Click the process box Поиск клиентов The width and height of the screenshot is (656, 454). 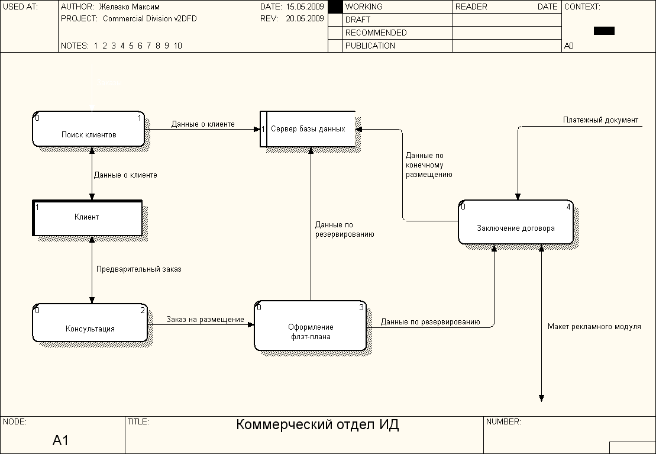(x=89, y=129)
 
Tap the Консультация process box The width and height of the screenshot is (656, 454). (x=90, y=323)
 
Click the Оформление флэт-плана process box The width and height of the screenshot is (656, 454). (x=311, y=326)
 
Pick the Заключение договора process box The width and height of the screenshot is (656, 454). (x=516, y=222)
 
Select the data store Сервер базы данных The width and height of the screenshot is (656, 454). (x=308, y=129)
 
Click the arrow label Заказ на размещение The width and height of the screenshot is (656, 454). (x=205, y=320)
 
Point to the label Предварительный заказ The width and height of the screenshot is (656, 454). (x=139, y=269)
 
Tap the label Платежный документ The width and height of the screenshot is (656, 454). (x=600, y=120)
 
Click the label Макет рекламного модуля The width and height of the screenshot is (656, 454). (x=594, y=327)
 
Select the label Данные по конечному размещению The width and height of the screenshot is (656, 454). (x=429, y=165)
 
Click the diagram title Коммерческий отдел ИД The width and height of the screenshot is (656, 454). (x=318, y=424)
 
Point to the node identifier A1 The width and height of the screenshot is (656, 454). (x=61, y=440)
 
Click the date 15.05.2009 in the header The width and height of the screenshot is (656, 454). (x=305, y=7)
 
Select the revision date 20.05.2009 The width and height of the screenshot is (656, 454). (x=305, y=18)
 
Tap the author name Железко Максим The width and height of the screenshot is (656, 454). (x=130, y=7)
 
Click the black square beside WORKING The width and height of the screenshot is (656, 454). (x=335, y=7)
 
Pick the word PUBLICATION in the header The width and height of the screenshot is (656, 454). (x=370, y=46)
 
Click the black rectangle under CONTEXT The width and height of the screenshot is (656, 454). (x=604, y=31)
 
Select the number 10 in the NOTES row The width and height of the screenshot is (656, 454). (x=178, y=46)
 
